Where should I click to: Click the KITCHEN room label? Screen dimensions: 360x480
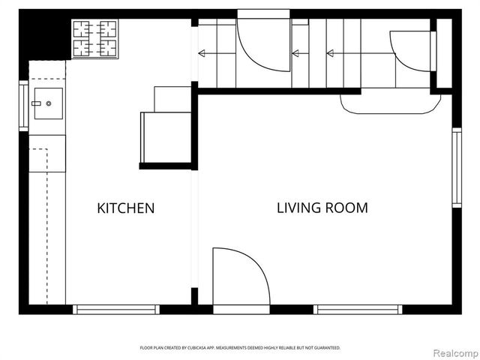(126, 208)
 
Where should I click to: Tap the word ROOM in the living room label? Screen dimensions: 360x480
(346, 208)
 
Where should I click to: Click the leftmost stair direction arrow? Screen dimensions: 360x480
(201, 52)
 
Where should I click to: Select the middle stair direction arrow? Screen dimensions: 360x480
(295, 52)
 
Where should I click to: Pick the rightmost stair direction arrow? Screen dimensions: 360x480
(330, 52)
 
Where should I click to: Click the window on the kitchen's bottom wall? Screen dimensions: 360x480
(116, 309)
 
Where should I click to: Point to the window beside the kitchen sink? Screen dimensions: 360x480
(23, 106)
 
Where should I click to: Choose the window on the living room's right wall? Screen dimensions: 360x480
(456, 167)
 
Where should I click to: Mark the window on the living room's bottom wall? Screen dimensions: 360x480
(358, 309)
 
